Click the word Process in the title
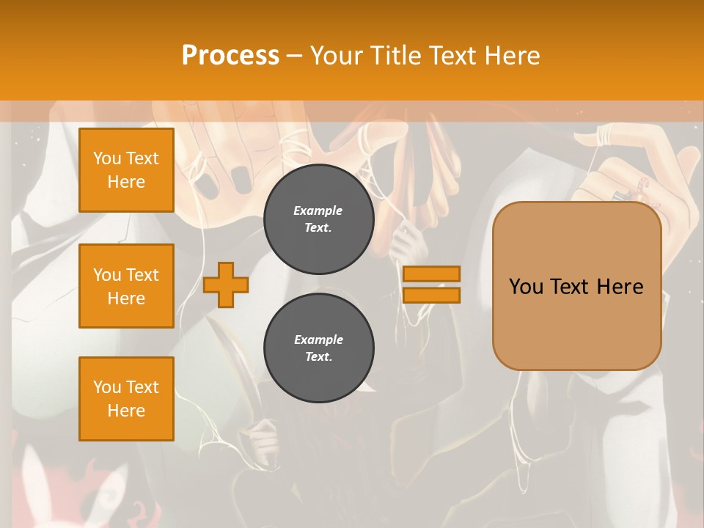click(230, 56)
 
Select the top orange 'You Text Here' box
click(126, 170)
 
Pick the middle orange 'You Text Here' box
click(126, 286)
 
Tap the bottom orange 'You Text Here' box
click(126, 398)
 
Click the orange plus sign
click(226, 285)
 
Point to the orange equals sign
click(431, 285)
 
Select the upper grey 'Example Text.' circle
click(319, 219)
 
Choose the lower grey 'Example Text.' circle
click(319, 348)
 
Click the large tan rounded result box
click(576, 286)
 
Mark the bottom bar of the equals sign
click(431, 295)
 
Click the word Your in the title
click(337, 56)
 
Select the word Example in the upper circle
click(318, 210)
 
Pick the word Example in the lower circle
click(318, 340)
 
